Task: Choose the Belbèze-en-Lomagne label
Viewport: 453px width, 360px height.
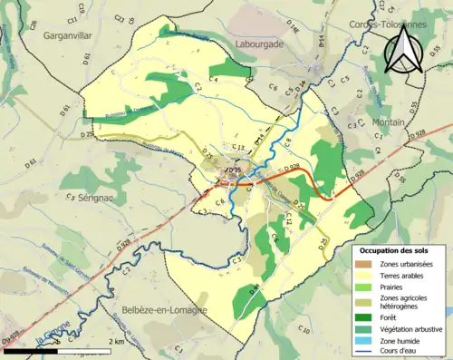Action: coord(163,309)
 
